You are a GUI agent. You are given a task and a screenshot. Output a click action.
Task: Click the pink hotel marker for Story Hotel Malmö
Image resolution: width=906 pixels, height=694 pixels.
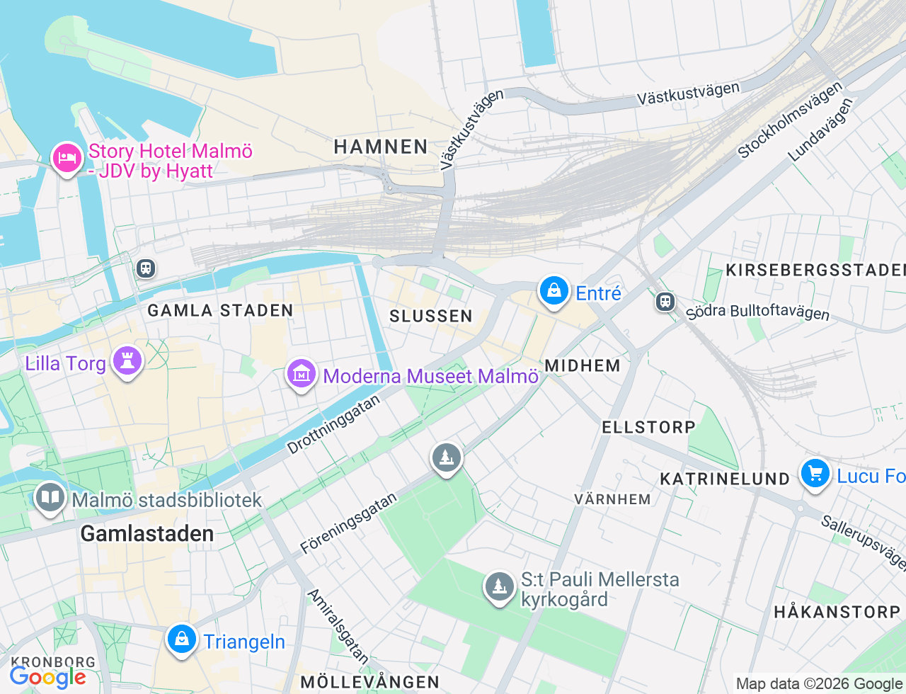[x=67, y=158]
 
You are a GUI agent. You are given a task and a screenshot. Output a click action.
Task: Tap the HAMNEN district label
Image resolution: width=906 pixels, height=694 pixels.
[x=381, y=147]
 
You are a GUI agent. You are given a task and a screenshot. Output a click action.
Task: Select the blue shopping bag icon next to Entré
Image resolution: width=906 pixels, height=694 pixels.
[x=554, y=291]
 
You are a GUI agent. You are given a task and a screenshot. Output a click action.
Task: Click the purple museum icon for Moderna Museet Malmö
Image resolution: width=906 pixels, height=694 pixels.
[x=302, y=373]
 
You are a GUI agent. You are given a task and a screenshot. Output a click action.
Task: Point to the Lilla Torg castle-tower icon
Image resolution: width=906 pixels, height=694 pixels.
[x=127, y=361]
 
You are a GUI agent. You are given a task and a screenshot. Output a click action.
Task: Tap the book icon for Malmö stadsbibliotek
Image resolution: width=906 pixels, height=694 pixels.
[x=50, y=498]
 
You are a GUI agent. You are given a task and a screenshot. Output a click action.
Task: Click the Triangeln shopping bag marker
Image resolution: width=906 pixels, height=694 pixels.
[x=182, y=639]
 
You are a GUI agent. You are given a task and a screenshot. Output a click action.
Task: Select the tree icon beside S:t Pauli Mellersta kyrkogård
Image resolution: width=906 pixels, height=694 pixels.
[x=500, y=587]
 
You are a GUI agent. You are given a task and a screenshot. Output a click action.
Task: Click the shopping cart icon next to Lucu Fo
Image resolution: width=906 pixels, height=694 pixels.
[x=815, y=474]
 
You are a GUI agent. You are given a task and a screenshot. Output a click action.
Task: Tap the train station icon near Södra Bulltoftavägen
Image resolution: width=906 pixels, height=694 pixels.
[x=665, y=302]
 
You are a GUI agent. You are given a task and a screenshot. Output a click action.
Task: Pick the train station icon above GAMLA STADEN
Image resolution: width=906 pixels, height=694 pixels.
[x=146, y=268]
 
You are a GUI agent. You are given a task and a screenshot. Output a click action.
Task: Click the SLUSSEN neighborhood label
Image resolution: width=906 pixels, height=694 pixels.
[x=430, y=316]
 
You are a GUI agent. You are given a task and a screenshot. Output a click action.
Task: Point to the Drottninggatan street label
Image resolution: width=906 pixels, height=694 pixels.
[x=333, y=424]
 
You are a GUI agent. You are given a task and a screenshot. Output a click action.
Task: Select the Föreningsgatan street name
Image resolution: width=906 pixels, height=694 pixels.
[x=348, y=523]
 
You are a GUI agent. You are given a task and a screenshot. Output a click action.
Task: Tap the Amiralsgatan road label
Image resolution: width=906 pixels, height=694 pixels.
[x=338, y=626]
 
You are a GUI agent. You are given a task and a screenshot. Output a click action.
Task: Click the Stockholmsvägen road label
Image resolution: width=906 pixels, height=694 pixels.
[x=790, y=120]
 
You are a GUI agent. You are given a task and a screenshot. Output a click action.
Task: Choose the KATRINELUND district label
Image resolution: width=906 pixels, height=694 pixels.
[x=725, y=479]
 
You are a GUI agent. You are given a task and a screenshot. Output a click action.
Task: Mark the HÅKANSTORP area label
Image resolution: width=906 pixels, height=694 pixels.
[x=837, y=611]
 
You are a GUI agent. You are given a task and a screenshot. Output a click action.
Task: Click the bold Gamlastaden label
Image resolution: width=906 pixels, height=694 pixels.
[x=147, y=533]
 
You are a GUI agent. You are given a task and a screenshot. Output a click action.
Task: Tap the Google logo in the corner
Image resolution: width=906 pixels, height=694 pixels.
[x=48, y=678]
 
